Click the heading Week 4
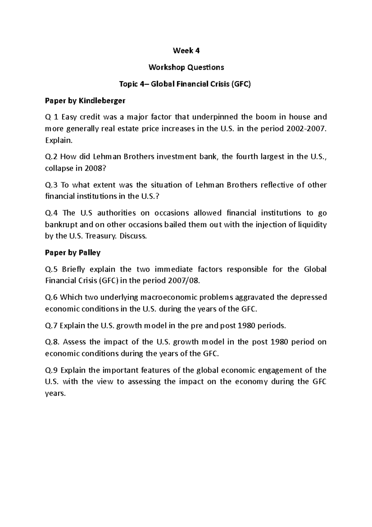point(186,51)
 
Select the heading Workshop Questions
point(186,67)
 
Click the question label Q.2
point(52,156)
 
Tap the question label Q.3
point(52,185)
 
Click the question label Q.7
point(52,326)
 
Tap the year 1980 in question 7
point(247,326)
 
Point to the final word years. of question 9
point(55,394)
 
